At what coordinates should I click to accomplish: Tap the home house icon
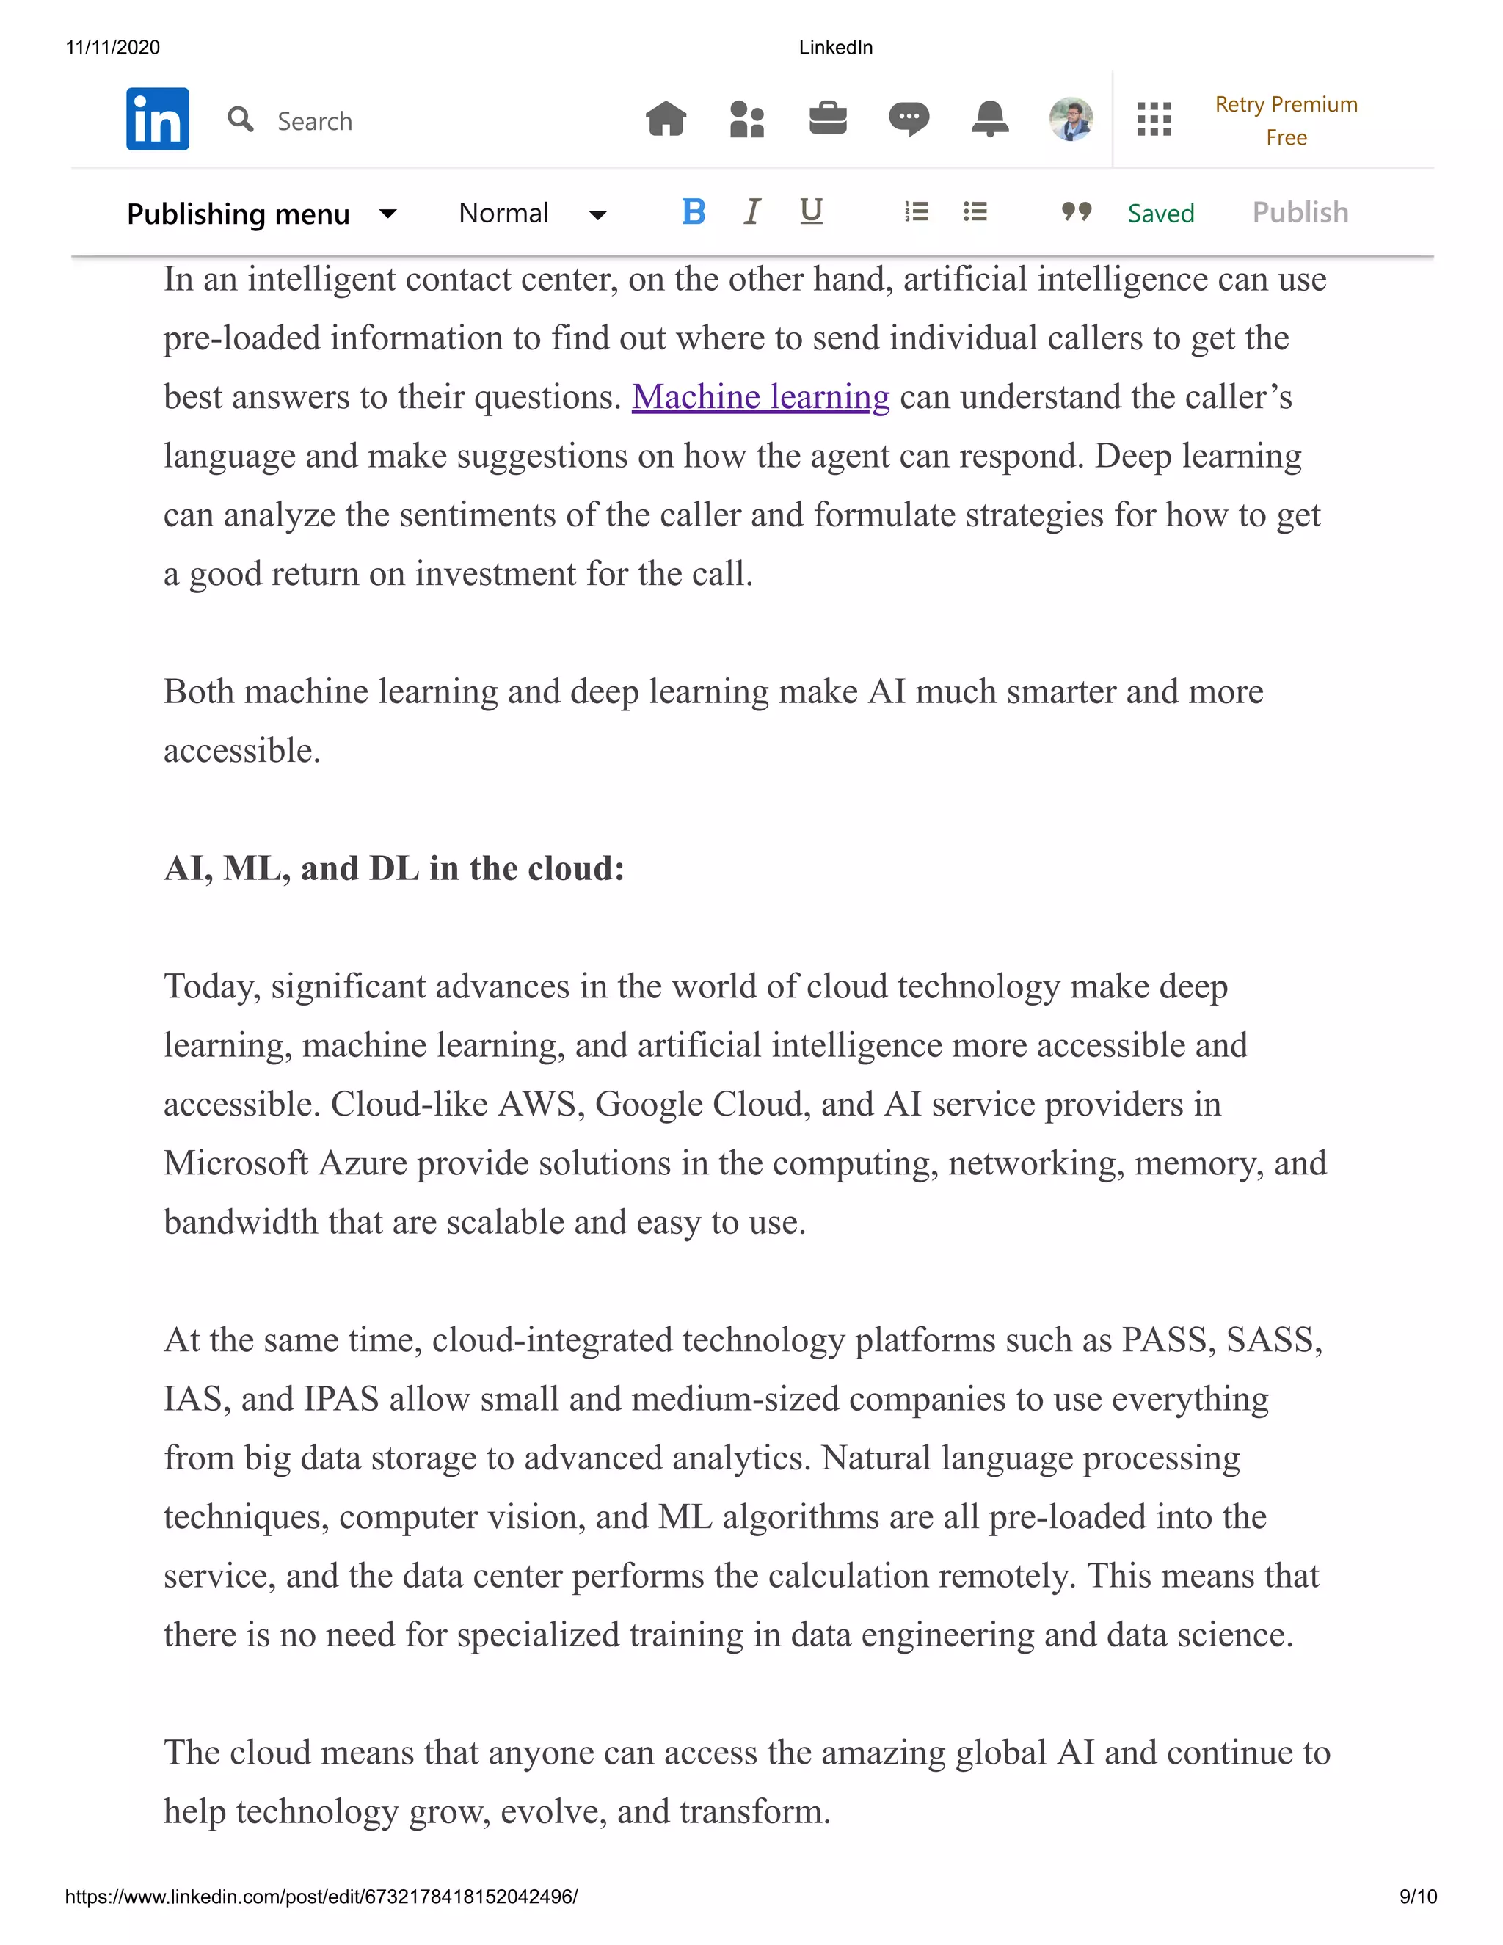click(666, 118)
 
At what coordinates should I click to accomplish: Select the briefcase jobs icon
click(827, 118)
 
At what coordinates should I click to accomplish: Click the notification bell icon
click(989, 118)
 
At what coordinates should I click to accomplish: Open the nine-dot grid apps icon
click(1153, 118)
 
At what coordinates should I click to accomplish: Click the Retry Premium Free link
click(1285, 120)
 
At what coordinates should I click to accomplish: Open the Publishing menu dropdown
click(261, 214)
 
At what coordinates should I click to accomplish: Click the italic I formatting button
click(751, 212)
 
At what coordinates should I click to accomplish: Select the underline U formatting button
click(810, 211)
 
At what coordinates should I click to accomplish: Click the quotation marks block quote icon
click(1076, 212)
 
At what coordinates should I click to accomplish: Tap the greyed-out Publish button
click(1299, 212)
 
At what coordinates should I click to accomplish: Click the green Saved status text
click(1160, 213)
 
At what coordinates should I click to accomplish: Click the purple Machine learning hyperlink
click(760, 396)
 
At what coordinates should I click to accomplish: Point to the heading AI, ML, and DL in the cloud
click(393, 868)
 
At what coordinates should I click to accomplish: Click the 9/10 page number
click(1418, 1896)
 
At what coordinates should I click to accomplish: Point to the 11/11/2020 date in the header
click(113, 47)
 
